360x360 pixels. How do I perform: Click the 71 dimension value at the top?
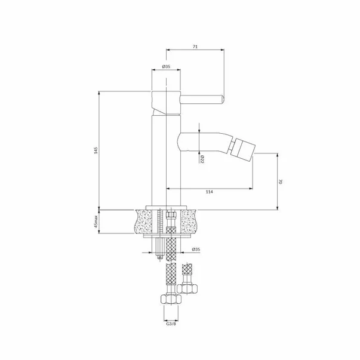pyautogui.click(x=195, y=47)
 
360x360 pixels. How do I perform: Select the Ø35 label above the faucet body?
pyautogui.click(x=166, y=67)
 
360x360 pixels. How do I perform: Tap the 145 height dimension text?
pyautogui.click(x=96, y=150)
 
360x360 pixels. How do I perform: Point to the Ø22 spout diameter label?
pyautogui.click(x=202, y=159)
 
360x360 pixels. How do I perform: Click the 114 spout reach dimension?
pyautogui.click(x=209, y=192)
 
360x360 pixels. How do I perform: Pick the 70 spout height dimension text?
pyautogui.click(x=281, y=182)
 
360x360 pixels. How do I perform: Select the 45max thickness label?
pyautogui.click(x=96, y=221)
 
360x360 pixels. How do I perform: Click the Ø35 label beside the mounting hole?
pyautogui.click(x=196, y=249)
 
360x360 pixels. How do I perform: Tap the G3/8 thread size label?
pyautogui.click(x=171, y=324)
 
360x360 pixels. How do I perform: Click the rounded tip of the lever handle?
pyautogui.click(x=223, y=100)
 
